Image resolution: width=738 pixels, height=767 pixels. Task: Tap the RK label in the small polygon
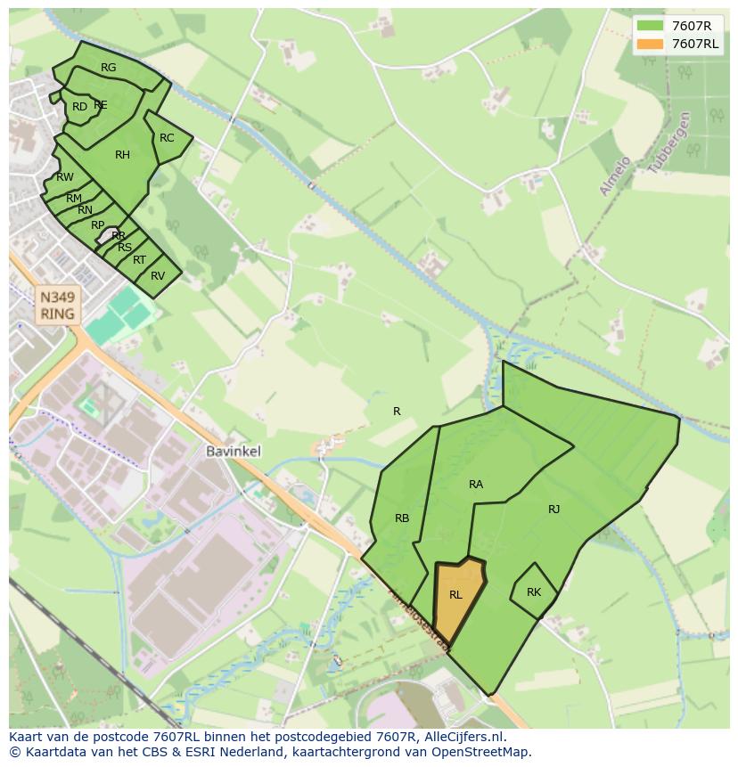coord(534,592)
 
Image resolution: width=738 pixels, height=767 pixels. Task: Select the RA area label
coord(476,485)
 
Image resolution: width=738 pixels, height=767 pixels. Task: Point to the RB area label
coord(402,518)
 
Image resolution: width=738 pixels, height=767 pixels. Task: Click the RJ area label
coord(554,510)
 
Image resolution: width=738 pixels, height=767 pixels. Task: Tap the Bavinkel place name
coord(234,452)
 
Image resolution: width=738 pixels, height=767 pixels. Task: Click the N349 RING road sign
coord(57,305)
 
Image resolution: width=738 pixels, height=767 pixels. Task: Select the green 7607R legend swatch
coord(651,26)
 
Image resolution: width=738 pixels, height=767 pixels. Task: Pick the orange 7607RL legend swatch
coord(651,44)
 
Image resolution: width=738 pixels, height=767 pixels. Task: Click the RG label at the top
coord(109,68)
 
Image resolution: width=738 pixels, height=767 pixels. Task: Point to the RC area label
coord(167,138)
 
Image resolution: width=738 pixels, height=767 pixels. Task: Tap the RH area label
coord(123,155)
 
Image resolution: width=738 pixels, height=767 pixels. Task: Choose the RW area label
coord(65,177)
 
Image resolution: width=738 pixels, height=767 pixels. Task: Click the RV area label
coord(158,276)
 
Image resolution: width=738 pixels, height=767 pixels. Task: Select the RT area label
coord(139,260)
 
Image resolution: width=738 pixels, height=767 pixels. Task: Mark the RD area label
coord(80,107)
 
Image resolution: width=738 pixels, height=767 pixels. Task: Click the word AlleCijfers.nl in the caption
coord(463,738)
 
